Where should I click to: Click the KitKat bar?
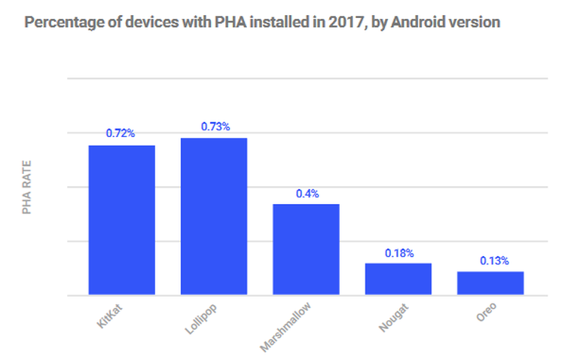click(x=122, y=219)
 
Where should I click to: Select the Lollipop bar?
click(x=214, y=215)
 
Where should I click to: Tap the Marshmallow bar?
click(x=306, y=249)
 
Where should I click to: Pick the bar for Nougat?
click(x=398, y=279)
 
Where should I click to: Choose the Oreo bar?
click(x=490, y=282)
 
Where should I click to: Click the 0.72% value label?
click(x=121, y=133)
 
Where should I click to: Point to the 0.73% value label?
click(x=215, y=126)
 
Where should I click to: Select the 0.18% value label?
click(x=399, y=253)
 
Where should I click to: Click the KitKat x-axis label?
click(x=110, y=316)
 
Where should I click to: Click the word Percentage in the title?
click(x=60, y=22)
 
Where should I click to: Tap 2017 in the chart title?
click(x=346, y=22)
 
